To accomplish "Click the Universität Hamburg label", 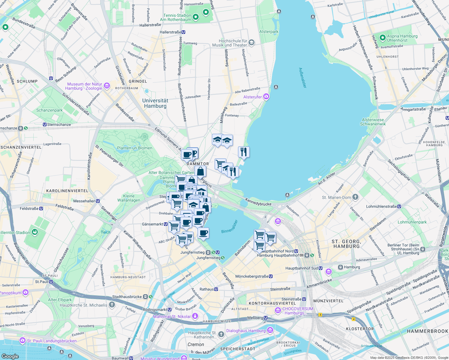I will [155, 103].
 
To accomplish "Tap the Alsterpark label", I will [269, 31].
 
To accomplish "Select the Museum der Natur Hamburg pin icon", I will [107, 86].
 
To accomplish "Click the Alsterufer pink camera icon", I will [266, 97].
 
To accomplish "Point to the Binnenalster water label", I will [230, 227].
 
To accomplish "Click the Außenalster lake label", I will [303, 77].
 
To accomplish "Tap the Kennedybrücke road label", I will [258, 202].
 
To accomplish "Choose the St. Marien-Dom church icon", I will [355, 197].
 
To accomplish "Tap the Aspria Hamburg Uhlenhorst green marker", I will [382, 38].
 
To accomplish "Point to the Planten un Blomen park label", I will [134, 148].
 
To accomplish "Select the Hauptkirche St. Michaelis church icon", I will [112, 305].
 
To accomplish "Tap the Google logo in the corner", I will [10, 356].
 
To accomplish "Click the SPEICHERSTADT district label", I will [238, 349].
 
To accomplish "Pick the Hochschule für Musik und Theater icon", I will [252, 43].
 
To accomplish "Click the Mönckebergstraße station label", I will [254, 276].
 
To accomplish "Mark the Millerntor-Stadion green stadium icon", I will [35, 232].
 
